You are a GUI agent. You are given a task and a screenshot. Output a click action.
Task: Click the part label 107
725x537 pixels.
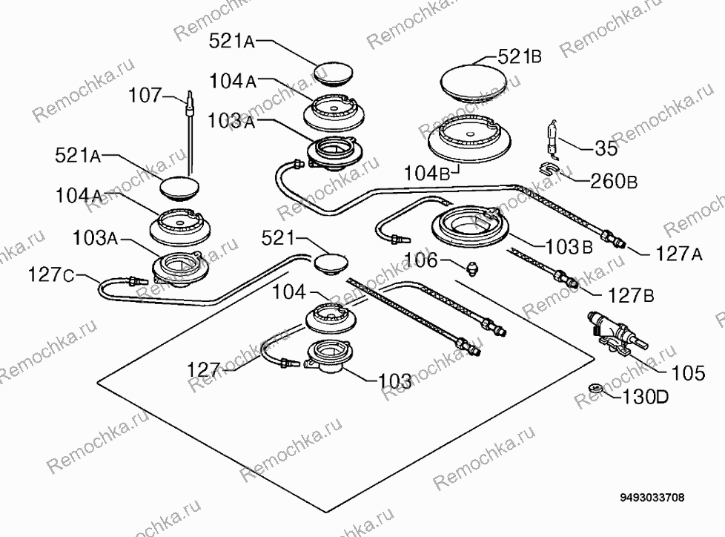coord(145,96)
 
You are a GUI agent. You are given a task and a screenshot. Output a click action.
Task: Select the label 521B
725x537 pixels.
coord(520,56)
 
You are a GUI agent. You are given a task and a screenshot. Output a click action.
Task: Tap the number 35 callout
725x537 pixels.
coord(605,148)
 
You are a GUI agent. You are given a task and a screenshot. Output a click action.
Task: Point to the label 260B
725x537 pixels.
coord(614,181)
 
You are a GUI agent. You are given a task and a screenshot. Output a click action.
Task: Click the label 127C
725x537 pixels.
coord(51,274)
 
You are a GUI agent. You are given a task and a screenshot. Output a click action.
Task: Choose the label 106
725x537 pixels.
coord(421,260)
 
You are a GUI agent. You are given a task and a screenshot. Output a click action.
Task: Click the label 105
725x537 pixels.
coord(688,372)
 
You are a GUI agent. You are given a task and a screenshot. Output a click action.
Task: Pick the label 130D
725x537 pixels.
coord(646,396)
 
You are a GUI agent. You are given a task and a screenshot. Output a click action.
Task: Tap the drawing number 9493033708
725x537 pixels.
coord(652,498)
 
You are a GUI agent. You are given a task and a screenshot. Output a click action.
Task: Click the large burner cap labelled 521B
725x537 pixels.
coord(475,84)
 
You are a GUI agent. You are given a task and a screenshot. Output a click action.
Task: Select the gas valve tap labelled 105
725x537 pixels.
coord(616,335)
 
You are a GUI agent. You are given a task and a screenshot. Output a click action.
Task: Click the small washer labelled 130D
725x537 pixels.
coord(596,388)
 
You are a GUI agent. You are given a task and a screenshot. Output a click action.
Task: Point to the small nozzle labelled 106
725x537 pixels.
coord(473,267)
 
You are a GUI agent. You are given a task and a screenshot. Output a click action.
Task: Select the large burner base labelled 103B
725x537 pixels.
coord(469,225)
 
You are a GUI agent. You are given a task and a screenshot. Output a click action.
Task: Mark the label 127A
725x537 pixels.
coord(679,254)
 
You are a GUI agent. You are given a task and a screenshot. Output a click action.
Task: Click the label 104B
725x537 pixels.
coord(427,174)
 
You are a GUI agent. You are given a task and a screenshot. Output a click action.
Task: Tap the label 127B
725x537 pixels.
coord(631,295)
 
